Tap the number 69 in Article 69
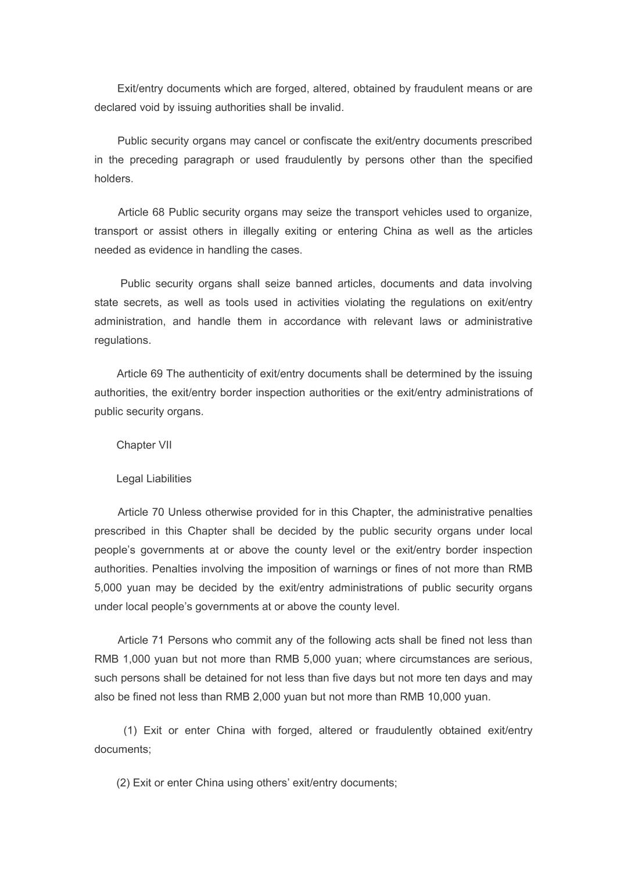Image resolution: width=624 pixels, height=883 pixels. pos(156,374)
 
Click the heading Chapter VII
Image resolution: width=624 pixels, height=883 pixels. pos(144,445)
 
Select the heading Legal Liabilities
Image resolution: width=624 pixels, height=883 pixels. pos(154,479)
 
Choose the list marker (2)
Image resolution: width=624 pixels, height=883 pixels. pos(123,783)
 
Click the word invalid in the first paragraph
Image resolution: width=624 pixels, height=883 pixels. pos(327,107)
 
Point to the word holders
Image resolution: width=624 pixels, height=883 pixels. pos(114,179)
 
